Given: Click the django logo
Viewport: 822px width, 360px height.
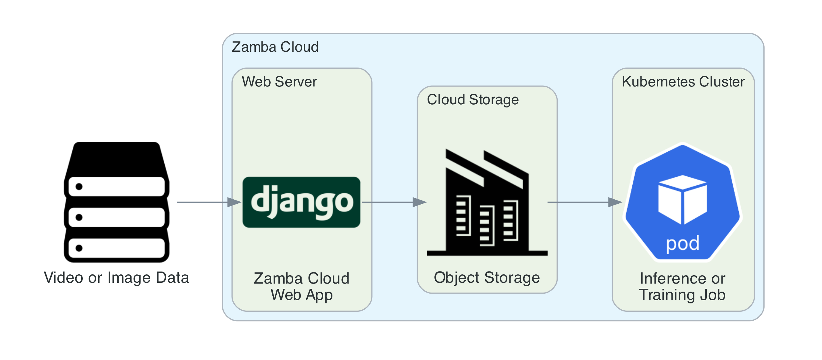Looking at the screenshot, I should (x=301, y=202).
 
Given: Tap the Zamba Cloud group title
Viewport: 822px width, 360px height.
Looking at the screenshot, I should (x=275, y=47).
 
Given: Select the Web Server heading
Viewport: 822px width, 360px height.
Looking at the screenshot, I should (x=279, y=82).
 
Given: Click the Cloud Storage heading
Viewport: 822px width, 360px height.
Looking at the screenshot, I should (x=473, y=100).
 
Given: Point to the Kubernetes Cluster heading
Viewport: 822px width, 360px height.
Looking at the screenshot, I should (x=683, y=82).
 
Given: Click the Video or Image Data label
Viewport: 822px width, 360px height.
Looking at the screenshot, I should (x=116, y=277).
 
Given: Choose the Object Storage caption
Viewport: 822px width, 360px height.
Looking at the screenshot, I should (x=487, y=277).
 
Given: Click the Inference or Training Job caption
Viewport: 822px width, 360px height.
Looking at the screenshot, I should (x=682, y=286).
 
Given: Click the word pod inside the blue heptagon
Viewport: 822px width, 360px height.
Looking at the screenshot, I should (x=683, y=244).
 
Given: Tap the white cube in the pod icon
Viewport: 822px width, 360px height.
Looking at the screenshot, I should (x=682, y=199).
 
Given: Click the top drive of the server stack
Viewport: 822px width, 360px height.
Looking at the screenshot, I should (x=116, y=186).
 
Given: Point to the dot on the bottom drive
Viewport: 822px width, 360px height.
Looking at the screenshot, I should (x=79, y=248).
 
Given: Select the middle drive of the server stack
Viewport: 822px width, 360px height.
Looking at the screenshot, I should (x=116, y=217).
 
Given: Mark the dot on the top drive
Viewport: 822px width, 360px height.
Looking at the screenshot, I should (x=79, y=186).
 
